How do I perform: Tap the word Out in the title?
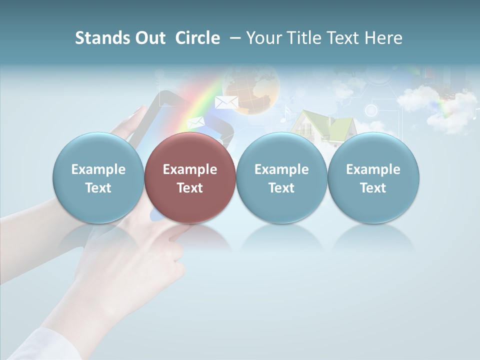148,38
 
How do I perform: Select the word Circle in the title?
197,38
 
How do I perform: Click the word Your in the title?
264,38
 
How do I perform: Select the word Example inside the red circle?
190,169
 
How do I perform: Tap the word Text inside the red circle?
190,188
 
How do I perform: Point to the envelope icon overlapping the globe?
226,102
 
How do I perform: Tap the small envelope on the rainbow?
195,122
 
